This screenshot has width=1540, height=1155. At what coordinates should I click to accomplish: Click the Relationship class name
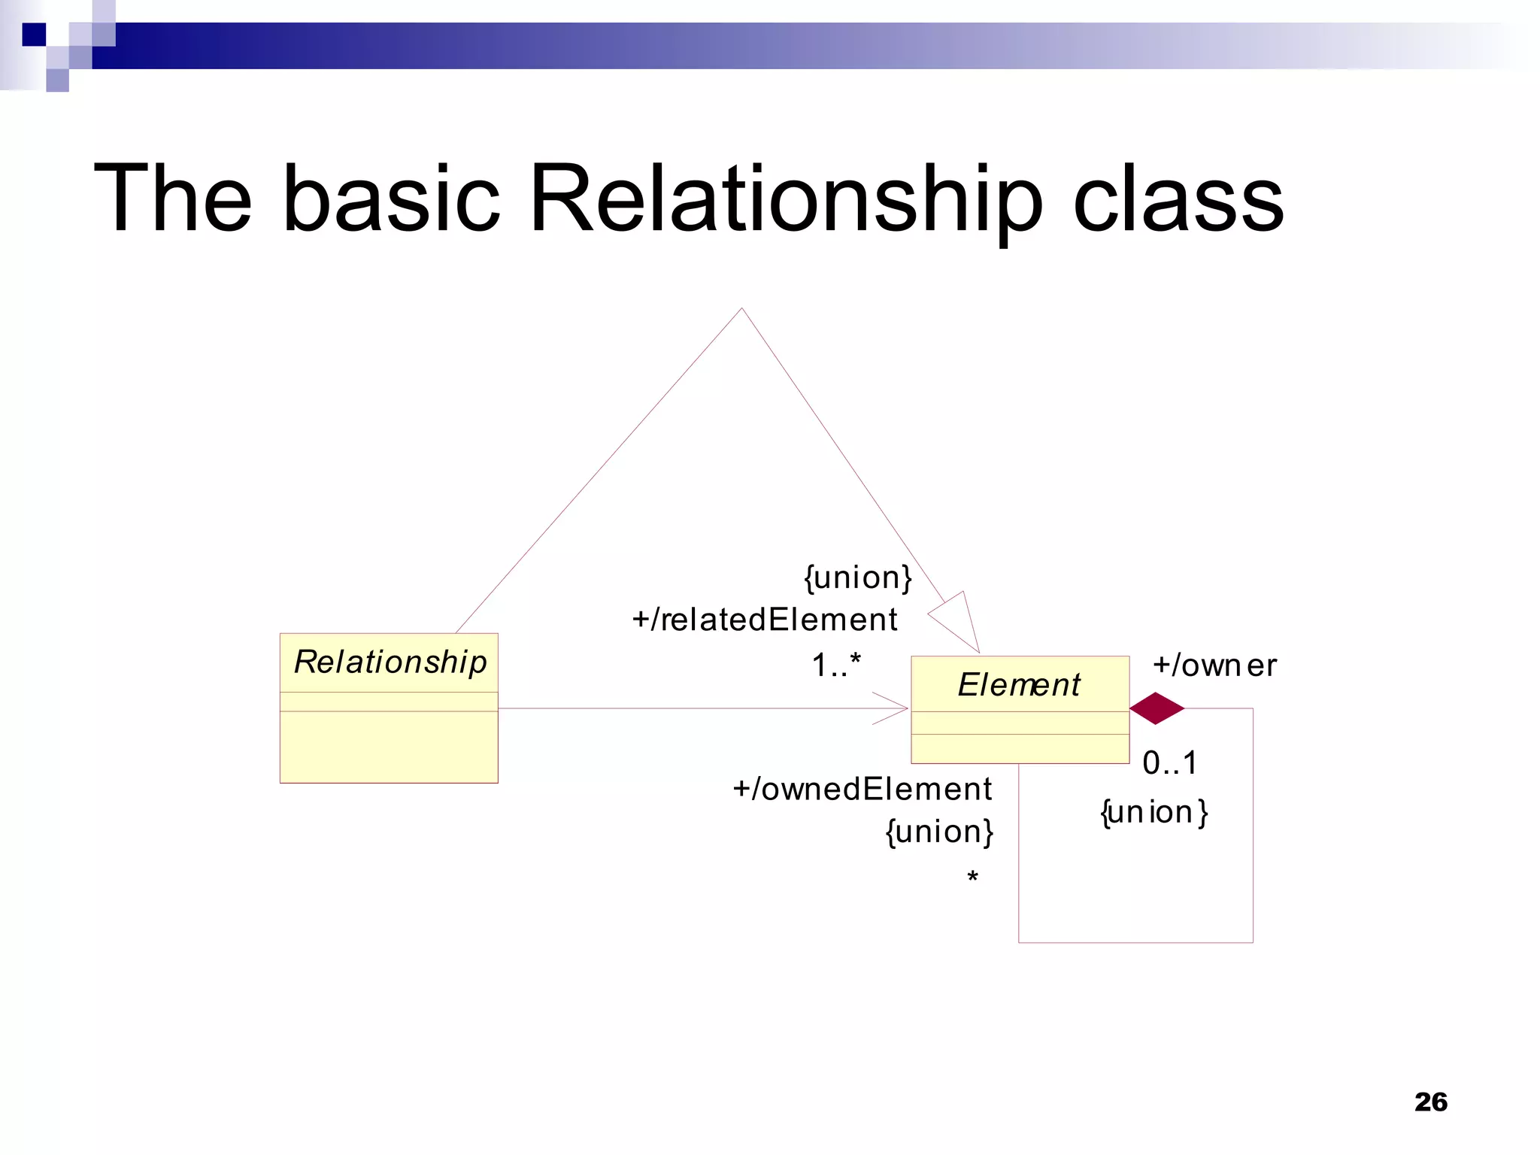pos(390,662)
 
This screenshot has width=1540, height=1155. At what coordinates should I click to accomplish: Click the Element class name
pos(1019,685)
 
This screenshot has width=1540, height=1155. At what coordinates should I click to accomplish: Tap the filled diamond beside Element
pos(1157,708)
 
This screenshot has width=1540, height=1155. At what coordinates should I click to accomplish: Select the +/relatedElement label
pos(765,620)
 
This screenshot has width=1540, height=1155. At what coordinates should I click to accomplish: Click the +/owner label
pos(1214,666)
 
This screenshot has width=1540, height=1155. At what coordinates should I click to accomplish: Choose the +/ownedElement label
pos(862,790)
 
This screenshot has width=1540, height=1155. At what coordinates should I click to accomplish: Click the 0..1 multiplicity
pos(1169,763)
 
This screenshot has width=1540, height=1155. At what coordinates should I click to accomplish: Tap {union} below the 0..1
pos(1153,813)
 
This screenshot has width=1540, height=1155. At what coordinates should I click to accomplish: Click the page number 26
pos(1430,1102)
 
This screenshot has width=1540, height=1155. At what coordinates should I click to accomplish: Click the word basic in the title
pos(391,199)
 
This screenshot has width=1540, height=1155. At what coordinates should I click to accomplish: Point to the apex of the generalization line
pos(741,308)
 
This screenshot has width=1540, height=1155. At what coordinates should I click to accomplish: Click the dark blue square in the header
pos(34,35)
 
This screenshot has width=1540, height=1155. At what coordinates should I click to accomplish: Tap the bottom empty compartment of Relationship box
pos(389,747)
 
